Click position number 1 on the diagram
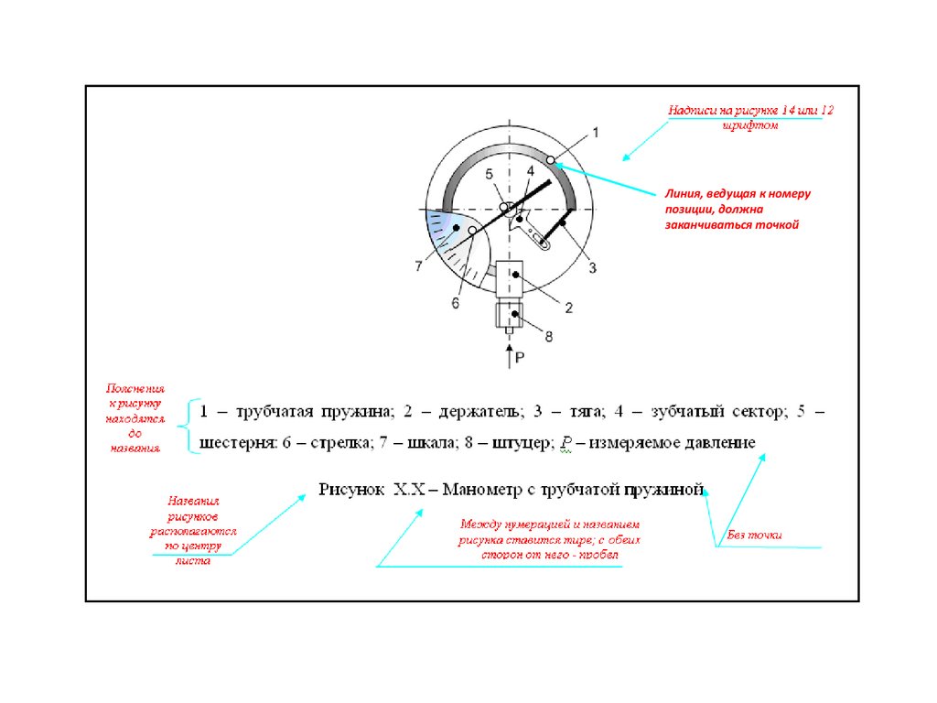596,133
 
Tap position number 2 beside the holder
567,308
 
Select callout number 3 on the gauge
592,267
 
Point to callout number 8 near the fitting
549,337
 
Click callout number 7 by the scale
418,266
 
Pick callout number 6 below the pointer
455,304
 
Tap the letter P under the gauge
519,358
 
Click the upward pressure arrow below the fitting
509,356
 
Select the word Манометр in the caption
486,489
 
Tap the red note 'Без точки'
755,535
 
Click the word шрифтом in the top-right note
749,124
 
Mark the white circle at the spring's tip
551,160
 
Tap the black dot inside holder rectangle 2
516,275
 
